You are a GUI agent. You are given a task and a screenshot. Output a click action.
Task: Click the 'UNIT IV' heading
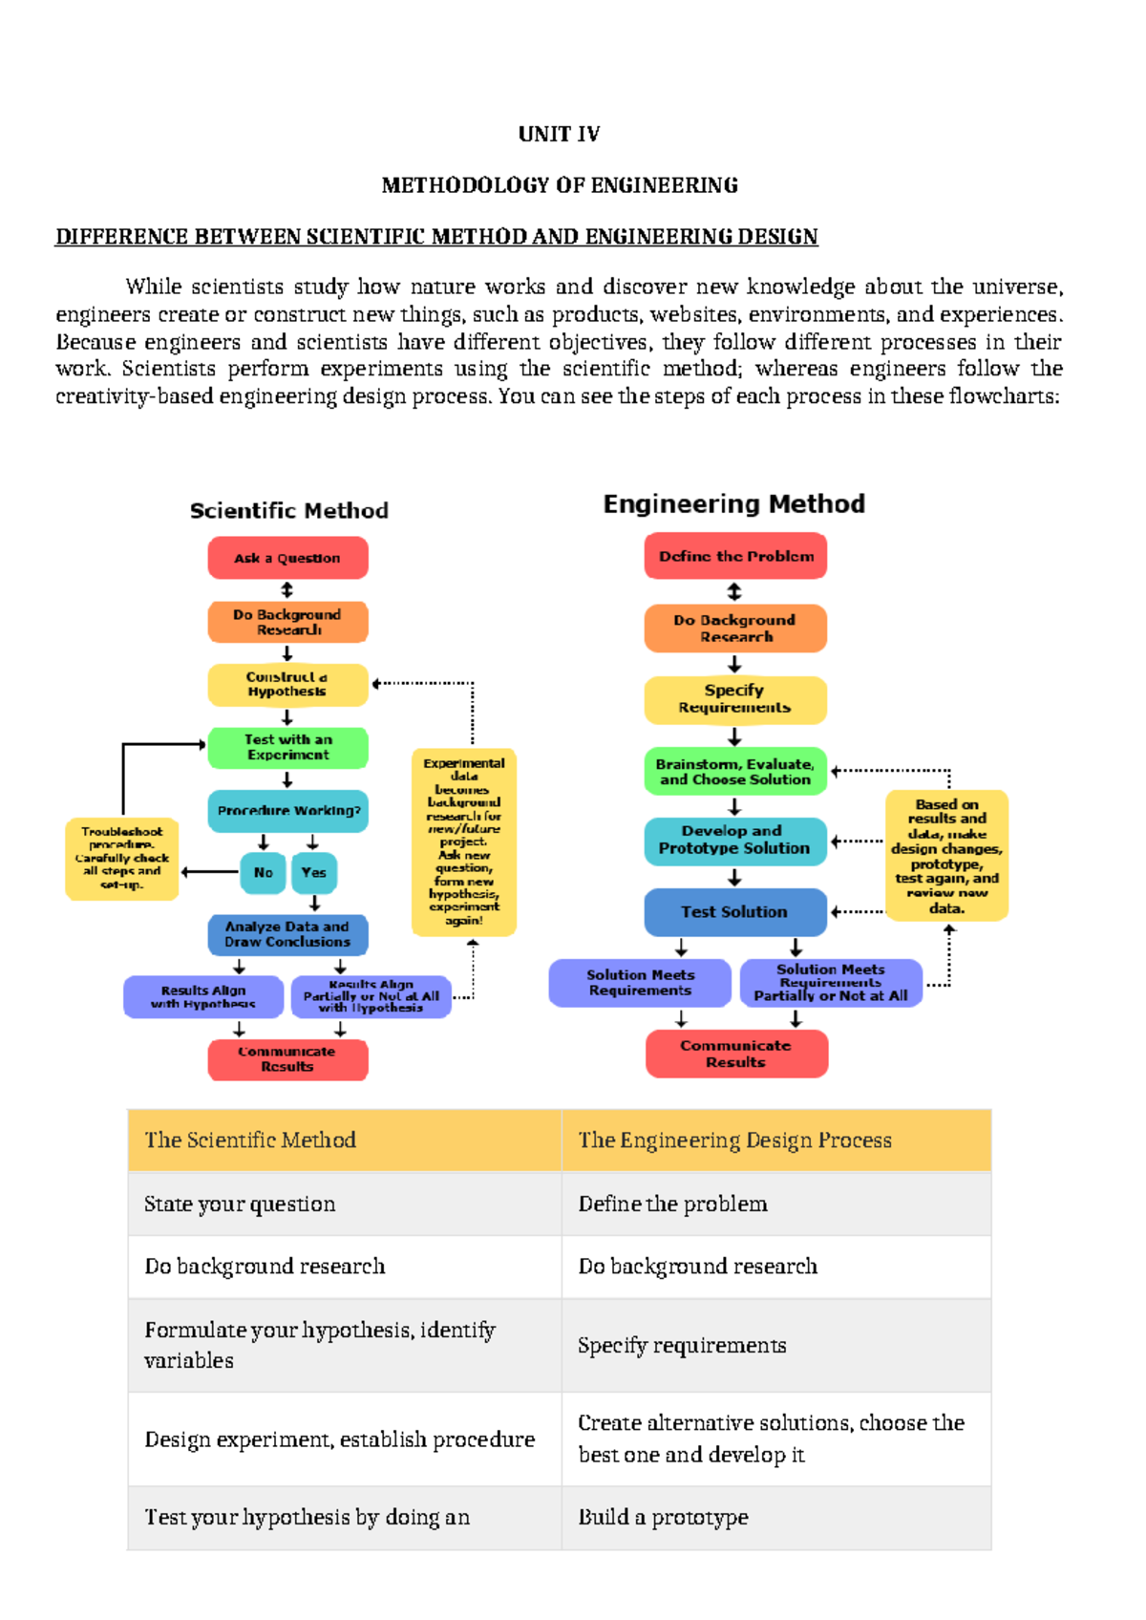(x=559, y=134)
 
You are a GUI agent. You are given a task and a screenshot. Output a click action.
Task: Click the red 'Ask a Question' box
(x=287, y=558)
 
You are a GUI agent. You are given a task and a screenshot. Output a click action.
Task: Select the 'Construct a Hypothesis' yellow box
(x=287, y=684)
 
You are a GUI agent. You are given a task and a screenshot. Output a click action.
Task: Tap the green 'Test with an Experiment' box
(x=287, y=747)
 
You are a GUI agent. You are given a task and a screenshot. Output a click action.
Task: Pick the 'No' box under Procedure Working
(x=263, y=873)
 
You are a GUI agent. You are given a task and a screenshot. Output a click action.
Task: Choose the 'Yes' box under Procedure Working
(x=314, y=873)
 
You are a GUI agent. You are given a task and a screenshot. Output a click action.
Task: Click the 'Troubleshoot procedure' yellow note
(x=122, y=859)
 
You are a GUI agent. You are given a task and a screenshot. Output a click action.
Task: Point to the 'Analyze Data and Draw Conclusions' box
(x=287, y=934)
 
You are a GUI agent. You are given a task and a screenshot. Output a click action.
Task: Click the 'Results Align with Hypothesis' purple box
(x=203, y=997)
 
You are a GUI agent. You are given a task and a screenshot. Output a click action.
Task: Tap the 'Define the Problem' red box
(x=735, y=556)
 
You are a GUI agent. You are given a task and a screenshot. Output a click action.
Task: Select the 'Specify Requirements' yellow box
(x=734, y=699)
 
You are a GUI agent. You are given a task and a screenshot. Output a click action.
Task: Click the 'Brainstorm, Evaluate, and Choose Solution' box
(x=734, y=772)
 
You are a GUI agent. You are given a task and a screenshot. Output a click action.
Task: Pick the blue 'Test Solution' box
(x=734, y=912)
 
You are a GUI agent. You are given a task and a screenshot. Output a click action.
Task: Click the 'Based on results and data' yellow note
(x=946, y=856)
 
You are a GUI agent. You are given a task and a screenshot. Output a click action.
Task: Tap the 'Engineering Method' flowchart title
(x=733, y=504)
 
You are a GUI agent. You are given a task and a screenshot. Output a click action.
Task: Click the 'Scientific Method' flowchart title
(x=288, y=511)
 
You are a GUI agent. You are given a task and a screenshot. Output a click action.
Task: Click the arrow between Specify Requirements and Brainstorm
(x=734, y=736)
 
